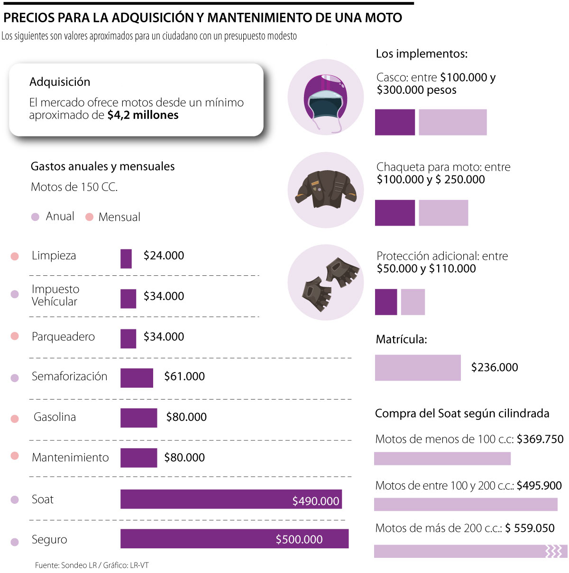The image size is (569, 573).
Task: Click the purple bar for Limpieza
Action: (x=126, y=259)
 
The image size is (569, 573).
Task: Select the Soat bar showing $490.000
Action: (x=231, y=499)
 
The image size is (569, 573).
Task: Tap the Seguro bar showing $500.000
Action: (x=234, y=539)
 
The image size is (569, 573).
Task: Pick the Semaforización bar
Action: (x=137, y=378)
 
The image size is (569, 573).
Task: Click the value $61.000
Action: (x=184, y=376)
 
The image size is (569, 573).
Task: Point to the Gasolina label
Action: (x=55, y=417)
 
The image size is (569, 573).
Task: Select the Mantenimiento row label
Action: (x=70, y=457)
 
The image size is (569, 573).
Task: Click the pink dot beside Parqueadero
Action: (x=15, y=336)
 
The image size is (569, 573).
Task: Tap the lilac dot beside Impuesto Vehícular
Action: (x=15, y=294)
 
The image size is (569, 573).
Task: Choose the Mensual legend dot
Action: (x=89, y=217)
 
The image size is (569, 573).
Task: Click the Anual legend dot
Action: (x=35, y=217)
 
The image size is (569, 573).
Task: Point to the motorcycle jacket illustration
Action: (x=326, y=190)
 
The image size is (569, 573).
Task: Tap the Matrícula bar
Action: (x=418, y=368)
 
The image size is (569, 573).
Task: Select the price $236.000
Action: (x=495, y=367)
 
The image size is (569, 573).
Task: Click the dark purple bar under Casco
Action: (x=395, y=122)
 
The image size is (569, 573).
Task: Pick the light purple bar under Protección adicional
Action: (x=413, y=302)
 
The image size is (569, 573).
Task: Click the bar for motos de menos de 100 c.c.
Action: (x=442, y=458)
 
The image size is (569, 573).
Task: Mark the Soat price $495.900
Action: (x=539, y=485)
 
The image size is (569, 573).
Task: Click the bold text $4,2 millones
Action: (x=143, y=115)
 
